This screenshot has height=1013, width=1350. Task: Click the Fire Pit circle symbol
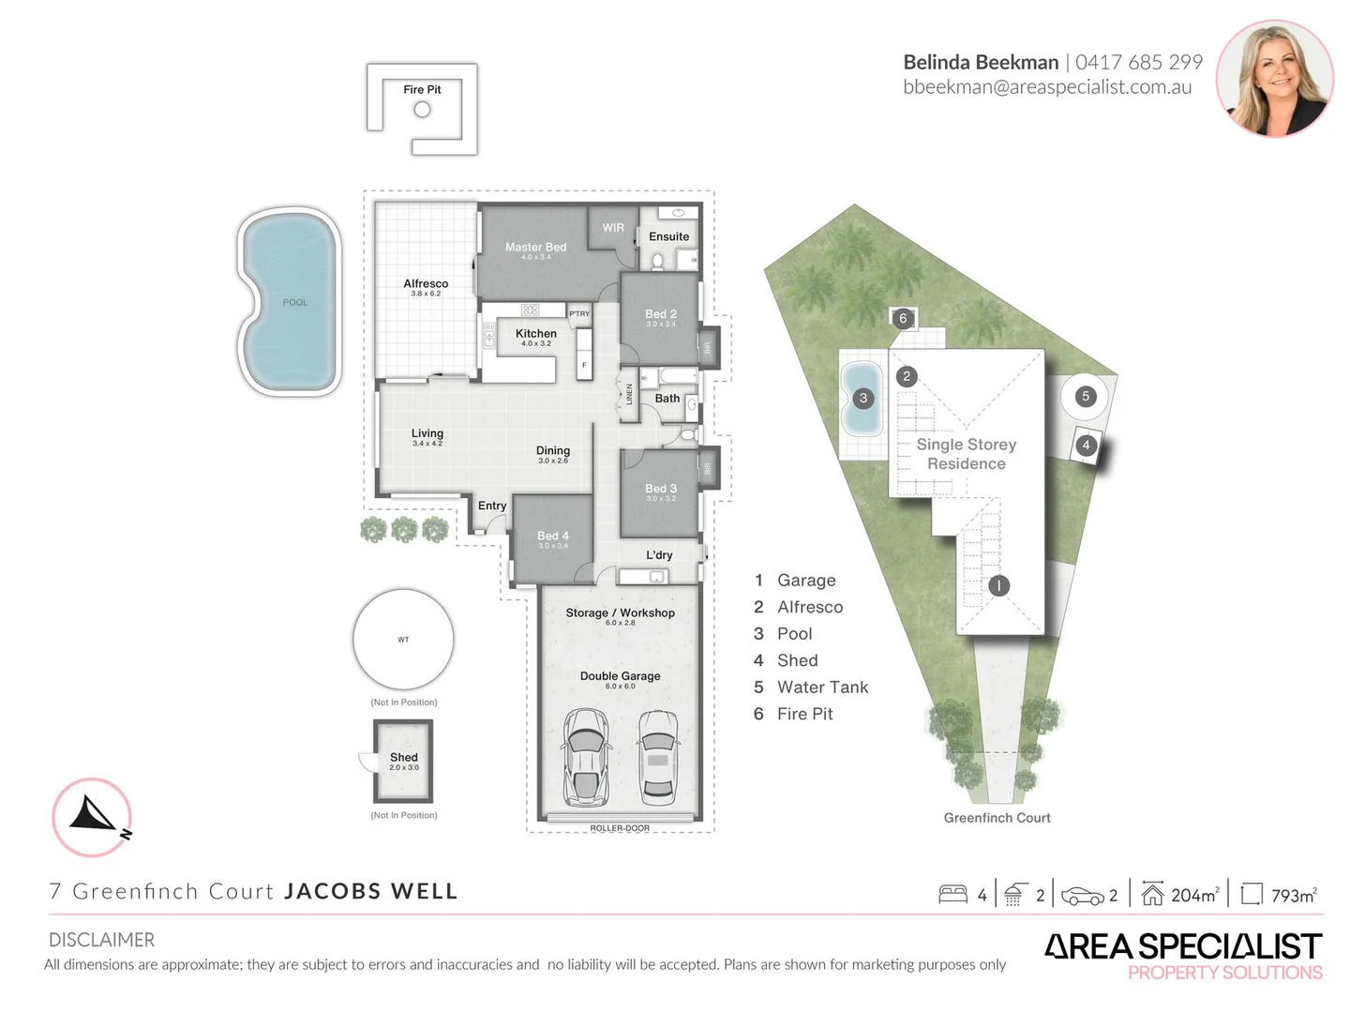tap(422, 110)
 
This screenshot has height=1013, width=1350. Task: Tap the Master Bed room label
tap(535, 248)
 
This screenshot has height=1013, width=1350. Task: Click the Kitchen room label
tap(535, 334)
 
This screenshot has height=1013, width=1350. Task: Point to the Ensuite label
tap(668, 236)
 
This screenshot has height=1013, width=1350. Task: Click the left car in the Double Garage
tap(585, 756)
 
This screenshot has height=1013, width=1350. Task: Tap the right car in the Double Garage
tap(658, 756)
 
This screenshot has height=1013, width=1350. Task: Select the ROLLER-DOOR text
tap(619, 828)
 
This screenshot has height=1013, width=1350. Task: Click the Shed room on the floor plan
tap(403, 761)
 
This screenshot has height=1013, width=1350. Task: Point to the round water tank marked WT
tap(403, 640)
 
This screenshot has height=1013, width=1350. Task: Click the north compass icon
tap(92, 817)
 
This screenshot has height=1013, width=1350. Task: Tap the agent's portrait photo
tap(1274, 79)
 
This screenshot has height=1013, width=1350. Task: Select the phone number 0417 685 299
tap(1138, 63)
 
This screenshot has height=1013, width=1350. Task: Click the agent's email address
tap(1047, 87)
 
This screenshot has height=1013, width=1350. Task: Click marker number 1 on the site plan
tap(998, 585)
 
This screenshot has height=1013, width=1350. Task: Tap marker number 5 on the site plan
tap(1086, 396)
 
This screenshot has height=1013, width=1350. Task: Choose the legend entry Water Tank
tap(822, 688)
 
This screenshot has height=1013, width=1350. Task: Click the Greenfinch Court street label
tap(997, 818)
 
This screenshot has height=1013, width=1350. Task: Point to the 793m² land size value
tap(1293, 896)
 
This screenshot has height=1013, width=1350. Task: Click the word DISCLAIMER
tap(101, 940)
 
